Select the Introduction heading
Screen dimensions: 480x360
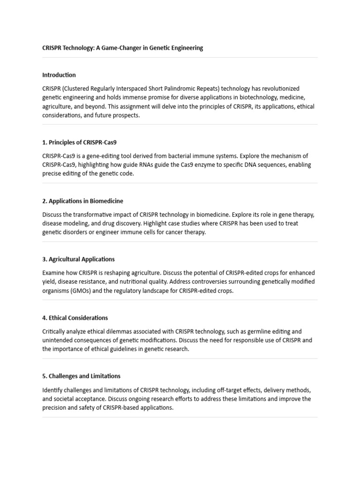[x=59, y=75]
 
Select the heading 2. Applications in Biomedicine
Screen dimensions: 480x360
[x=82, y=201]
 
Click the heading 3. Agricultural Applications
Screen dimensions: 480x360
[x=78, y=259]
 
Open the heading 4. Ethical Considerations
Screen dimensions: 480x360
[x=75, y=318]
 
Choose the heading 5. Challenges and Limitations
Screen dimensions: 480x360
[x=81, y=376]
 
